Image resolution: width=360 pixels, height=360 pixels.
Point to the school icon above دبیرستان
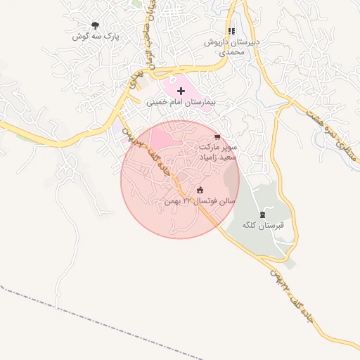pos(231,32)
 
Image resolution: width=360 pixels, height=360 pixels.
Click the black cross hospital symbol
pos(181,91)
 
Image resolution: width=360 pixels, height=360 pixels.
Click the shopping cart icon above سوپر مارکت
pos(217,137)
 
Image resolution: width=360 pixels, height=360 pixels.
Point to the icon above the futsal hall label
pos(200,189)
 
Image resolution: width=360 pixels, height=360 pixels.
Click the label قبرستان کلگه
pos(261,226)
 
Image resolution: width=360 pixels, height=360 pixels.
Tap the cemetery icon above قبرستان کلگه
pos(262,214)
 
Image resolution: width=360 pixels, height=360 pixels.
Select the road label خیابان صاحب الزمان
pos(149,32)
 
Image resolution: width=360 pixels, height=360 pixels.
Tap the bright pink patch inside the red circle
pos(165,137)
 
